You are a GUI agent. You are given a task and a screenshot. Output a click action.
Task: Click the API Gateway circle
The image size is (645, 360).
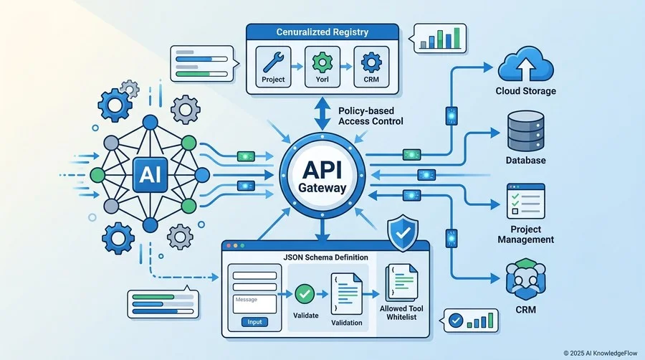(322, 175)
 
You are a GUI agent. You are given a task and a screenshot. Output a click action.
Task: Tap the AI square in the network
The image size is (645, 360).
(150, 175)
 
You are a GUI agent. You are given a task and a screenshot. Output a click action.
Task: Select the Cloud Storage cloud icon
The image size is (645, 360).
(525, 65)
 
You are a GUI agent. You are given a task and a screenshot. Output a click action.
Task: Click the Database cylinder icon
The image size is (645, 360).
(526, 131)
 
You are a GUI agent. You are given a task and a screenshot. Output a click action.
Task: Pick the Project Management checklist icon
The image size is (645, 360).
(526, 202)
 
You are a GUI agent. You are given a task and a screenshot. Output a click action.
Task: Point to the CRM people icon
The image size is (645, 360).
(526, 280)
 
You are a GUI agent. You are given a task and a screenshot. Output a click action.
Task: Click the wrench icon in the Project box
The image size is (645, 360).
(273, 62)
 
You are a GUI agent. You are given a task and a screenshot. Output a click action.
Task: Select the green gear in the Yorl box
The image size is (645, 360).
(322, 62)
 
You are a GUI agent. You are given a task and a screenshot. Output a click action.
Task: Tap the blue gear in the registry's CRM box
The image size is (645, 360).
(371, 62)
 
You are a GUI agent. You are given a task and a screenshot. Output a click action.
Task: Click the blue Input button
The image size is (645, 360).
(254, 322)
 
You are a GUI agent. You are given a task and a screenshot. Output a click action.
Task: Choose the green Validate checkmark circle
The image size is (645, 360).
(305, 294)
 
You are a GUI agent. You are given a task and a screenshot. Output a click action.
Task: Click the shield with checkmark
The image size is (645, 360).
(403, 232)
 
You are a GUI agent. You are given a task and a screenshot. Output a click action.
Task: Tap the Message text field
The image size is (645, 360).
(254, 304)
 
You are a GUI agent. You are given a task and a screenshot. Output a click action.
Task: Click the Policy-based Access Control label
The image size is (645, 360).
(371, 116)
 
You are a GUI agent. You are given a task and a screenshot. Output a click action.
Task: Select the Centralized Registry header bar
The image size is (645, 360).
(322, 32)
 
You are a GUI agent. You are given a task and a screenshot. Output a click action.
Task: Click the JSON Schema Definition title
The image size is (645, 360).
(326, 257)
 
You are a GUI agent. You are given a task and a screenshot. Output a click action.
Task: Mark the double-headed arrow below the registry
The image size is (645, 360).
(322, 114)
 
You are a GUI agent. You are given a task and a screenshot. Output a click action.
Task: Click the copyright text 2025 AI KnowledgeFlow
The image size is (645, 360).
(600, 353)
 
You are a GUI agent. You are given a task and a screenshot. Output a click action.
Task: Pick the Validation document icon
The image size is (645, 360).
(346, 293)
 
